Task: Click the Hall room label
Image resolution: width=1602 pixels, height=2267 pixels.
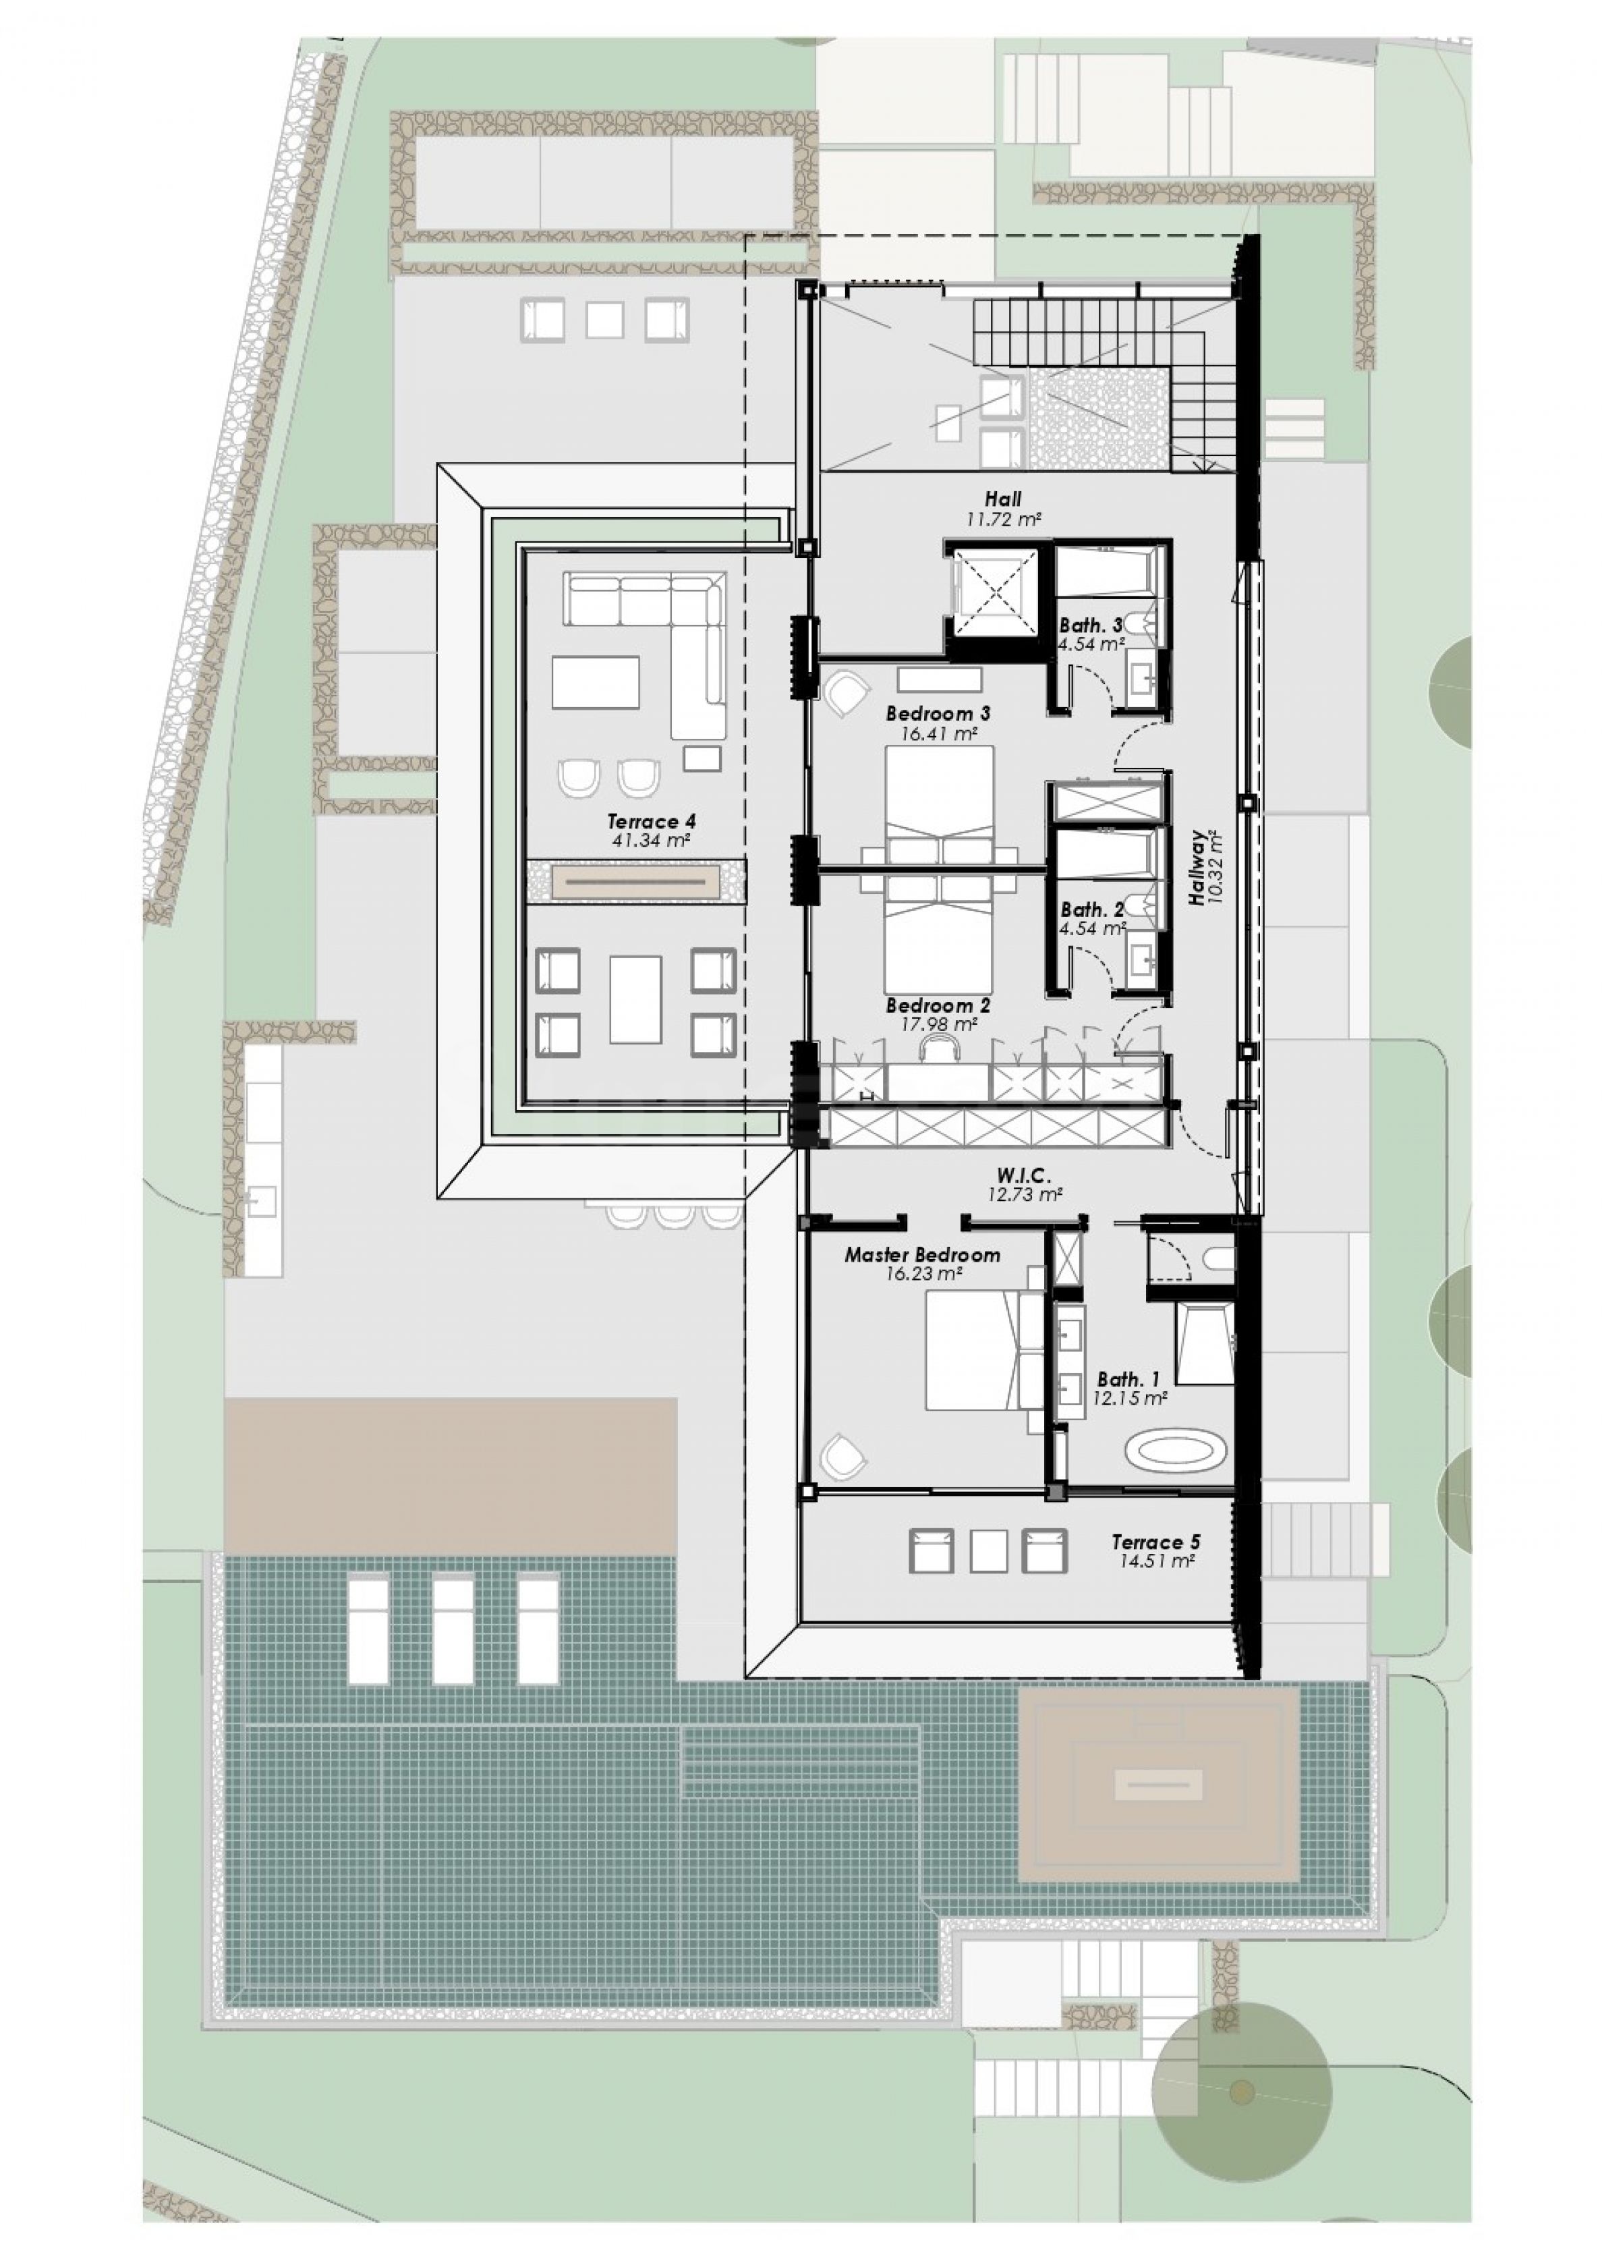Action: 1003,499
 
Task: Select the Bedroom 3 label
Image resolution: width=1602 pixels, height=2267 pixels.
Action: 938,713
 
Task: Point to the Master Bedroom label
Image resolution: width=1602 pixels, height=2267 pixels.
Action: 922,1256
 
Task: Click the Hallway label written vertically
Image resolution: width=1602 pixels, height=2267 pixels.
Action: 1197,867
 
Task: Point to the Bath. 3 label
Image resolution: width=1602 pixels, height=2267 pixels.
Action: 1091,625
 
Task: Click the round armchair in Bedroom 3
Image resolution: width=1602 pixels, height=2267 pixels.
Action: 845,694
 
